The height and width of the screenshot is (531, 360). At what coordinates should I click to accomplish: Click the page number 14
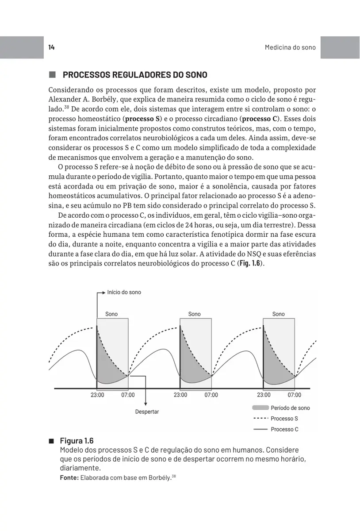(x=51, y=47)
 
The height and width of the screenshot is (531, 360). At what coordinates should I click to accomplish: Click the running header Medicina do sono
(x=290, y=47)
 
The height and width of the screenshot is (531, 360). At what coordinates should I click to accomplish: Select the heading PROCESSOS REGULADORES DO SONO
(x=135, y=75)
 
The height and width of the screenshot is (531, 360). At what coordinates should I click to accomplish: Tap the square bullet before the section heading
(x=52, y=75)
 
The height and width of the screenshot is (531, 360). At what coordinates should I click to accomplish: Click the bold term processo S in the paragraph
(x=142, y=119)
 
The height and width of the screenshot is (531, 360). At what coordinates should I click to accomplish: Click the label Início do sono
(x=124, y=292)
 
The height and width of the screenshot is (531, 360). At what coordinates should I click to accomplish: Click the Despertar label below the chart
(x=147, y=412)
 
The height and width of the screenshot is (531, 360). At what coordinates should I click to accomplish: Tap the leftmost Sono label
(x=111, y=314)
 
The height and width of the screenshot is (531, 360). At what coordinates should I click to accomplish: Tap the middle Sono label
(x=194, y=314)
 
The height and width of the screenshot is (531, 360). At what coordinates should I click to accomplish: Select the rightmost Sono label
(x=278, y=314)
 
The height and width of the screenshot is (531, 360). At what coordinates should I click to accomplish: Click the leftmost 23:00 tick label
(x=97, y=395)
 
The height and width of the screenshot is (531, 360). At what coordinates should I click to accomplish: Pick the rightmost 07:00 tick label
(x=294, y=395)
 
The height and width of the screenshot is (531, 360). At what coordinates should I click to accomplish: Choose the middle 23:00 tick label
(x=180, y=395)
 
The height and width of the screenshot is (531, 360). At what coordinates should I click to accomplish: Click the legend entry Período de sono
(x=290, y=408)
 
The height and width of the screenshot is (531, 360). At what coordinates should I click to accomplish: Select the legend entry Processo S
(x=284, y=419)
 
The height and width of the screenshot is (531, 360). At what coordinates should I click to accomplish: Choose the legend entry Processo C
(x=284, y=429)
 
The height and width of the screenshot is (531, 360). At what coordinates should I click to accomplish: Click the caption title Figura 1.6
(x=77, y=441)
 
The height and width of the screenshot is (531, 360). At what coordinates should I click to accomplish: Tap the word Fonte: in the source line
(x=69, y=478)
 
